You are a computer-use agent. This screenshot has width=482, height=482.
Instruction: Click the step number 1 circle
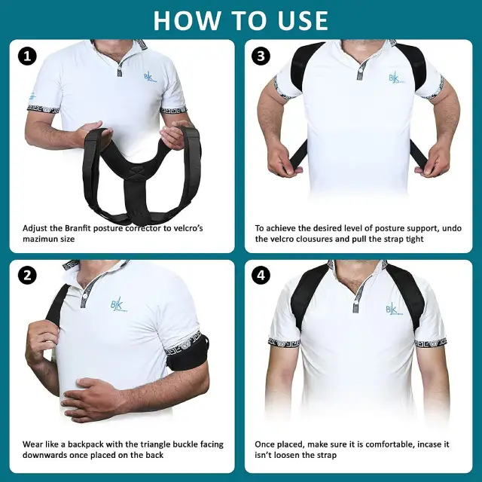pyautogui.click(x=28, y=56)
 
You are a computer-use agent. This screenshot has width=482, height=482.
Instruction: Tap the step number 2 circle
pyautogui.click(x=28, y=276)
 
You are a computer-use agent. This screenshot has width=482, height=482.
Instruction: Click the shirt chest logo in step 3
pyautogui.click(x=394, y=78)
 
